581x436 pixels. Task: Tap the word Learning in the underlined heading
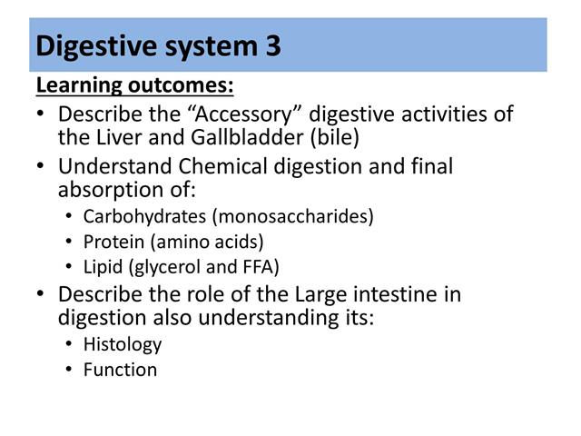78,86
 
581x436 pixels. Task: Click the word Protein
111,243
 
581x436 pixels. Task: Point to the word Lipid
103,267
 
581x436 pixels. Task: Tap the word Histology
122,344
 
